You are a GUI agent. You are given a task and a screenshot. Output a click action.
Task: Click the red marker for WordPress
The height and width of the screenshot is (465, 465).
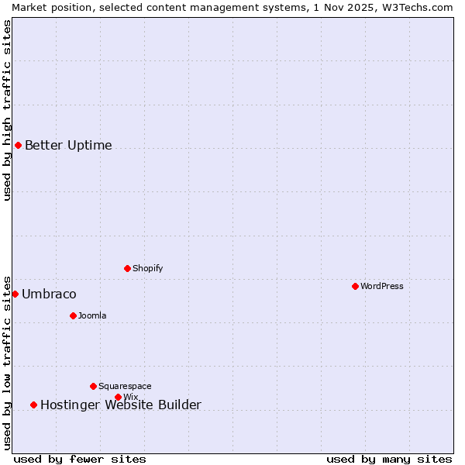pyautogui.click(x=355, y=286)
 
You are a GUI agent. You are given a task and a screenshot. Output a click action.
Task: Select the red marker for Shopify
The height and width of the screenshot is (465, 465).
pyautogui.click(x=127, y=268)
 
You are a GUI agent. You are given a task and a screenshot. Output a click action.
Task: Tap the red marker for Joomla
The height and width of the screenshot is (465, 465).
pyautogui.click(x=73, y=315)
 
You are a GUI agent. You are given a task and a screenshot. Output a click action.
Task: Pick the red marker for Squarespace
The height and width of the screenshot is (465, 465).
pyautogui.click(x=93, y=386)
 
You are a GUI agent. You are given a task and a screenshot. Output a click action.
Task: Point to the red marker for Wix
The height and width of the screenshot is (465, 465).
pyautogui.click(x=118, y=397)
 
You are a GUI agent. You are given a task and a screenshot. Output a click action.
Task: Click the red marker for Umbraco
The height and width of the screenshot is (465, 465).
pyautogui.click(x=15, y=294)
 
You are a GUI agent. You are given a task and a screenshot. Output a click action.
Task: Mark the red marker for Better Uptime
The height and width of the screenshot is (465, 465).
pyautogui.click(x=18, y=145)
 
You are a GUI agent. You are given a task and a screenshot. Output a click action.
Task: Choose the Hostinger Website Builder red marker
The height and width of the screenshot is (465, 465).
pyautogui.click(x=33, y=405)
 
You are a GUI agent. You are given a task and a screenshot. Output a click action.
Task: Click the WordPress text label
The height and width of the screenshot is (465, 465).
pyautogui.click(x=382, y=286)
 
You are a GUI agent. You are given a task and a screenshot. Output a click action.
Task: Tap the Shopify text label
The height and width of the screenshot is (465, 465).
pyautogui.click(x=147, y=268)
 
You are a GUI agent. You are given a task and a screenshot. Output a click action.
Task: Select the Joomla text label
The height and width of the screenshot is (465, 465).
pyautogui.click(x=92, y=315)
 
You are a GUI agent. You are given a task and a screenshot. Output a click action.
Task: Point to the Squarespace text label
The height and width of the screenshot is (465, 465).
pyautogui.click(x=125, y=386)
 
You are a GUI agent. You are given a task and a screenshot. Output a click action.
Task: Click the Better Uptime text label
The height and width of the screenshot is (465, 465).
pyautogui.click(x=68, y=145)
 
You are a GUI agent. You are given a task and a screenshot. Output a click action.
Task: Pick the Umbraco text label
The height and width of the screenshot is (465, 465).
pyautogui.click(x=49, y=294)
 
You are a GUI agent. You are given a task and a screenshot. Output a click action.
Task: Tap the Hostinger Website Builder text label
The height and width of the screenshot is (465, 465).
pyautogui.click(x=120, y=405)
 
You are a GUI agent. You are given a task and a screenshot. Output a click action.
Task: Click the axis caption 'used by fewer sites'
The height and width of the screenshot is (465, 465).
pyautogui.click(x=80, y=459)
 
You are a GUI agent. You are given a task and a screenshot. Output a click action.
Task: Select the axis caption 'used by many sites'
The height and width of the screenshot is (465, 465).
pyautogui.click(x=389, y=459)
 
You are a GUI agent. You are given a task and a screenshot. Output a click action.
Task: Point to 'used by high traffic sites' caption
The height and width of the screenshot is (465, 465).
pyautogui.click(x=7, y=110)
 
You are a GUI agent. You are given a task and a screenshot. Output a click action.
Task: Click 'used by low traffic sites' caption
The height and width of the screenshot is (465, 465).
pyautogui.click(x=7, y=362)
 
